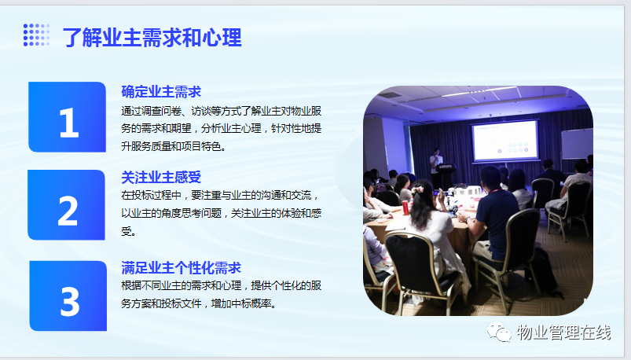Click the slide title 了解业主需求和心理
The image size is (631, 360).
pos(152,38)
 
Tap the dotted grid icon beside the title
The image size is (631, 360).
pos(37,35)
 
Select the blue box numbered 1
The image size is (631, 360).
pos(68,117)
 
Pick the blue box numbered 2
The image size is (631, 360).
pos(66,204)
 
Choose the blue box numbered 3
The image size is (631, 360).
pos(68,296)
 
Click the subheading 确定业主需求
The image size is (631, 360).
pos(161,92)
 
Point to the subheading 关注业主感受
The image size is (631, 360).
pos(161,177)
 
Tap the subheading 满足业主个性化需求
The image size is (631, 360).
pos(181,268)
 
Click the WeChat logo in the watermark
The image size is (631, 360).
pos(499,332)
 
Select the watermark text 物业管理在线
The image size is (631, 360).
pos(563,332)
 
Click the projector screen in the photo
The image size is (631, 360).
pos(505,141)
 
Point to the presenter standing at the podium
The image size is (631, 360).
pos(435,165)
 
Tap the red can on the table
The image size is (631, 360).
pos(405,208)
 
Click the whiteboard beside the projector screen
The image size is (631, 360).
pos(577,144)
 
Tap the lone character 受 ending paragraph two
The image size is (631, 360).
pos(127,231)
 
